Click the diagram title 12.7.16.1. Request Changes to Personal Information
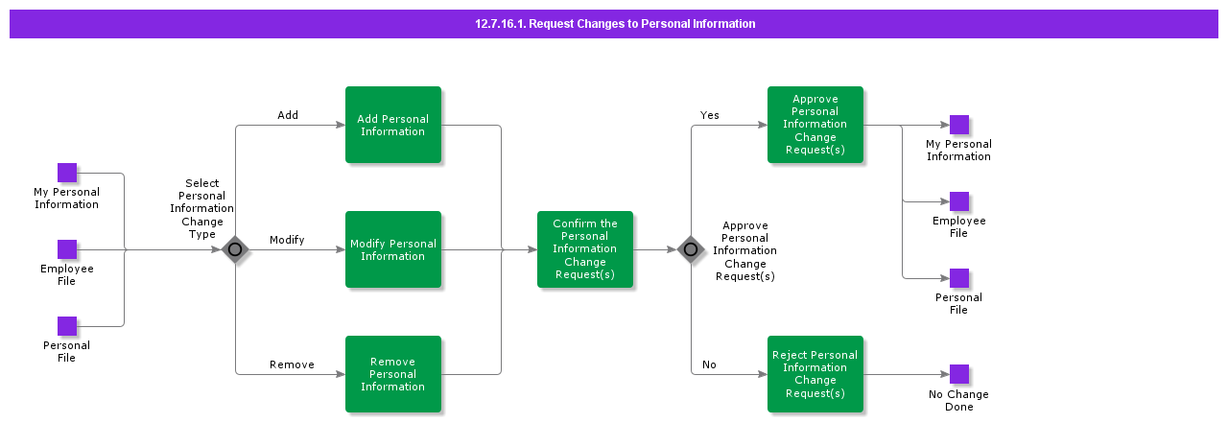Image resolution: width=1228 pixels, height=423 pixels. pyautogui.click(x=614, y=24)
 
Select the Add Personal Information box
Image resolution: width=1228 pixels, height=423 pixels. pyautogui.click(x=393, y=125)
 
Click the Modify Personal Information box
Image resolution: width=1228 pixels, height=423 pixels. pyautogui.click(x=393, y=249)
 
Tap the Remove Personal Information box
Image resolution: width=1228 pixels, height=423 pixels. pyautogui.click(x=393, y=374)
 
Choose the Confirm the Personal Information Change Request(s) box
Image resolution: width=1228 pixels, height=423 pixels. pyautogui.click(x=585, y=249)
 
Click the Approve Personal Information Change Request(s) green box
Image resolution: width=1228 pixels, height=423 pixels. pyautogui.click(x=815, y=125)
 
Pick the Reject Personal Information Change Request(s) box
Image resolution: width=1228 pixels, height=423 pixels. pyautogui.click(x=815, y=374)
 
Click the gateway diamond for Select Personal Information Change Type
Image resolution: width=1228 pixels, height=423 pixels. pyautogui.click(x=235, y=249)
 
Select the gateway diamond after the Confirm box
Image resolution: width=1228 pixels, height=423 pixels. pyautogui.click(x=691, y=249)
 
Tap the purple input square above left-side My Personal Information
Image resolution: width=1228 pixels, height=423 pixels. pyautogui.click(x=67, y=173)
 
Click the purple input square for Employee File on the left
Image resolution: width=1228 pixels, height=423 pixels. pyautogui.click(x=67, y=249)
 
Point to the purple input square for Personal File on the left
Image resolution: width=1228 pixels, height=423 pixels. pyautogui.click(x=67, y=326)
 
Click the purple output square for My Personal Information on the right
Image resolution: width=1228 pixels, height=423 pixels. pyautogui.click(x=959, y=125)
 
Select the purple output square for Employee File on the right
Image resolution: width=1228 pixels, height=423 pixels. pyautogui.click(x=959, y=201)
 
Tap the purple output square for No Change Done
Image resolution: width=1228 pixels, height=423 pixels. pyautogui.click(x=959, y=374)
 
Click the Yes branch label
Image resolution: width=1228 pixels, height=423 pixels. pyautogui.click(x=710, y=115)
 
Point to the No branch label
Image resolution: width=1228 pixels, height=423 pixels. pyautogui.click(x=709, y=364)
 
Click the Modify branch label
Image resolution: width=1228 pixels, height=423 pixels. pyautogui.click(x=287, y=240)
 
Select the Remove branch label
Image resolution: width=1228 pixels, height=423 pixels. pyautogui.click(x=292, y=364)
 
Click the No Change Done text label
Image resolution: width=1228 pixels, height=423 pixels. pyautogui.click(x=958, y=401)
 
